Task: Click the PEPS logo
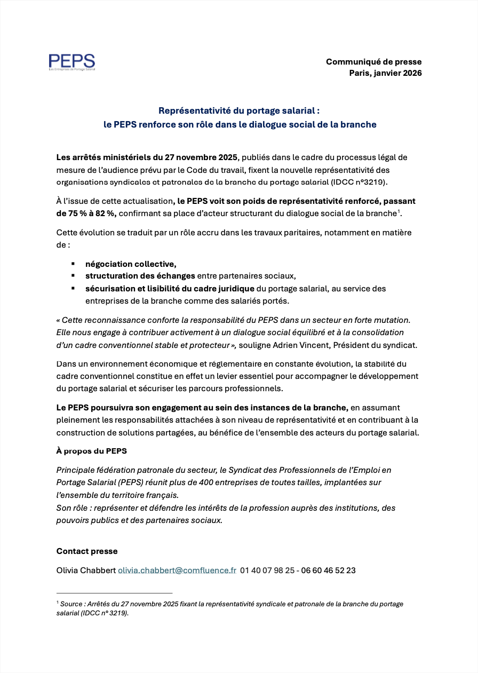[71, 62]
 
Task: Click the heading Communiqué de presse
[373, 62]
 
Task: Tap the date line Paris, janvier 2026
[385, 73]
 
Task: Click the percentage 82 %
[103, 213]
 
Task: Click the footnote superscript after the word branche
[399, 212]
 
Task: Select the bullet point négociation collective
[131, 264]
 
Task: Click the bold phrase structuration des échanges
[140, 276]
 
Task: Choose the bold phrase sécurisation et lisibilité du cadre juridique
[170, 288]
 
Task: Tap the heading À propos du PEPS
[92, 451]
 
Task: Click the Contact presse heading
[87, 551]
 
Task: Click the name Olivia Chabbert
[86, 571]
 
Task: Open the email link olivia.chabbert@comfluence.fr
[177, 571]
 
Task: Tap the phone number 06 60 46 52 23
[328, 571]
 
